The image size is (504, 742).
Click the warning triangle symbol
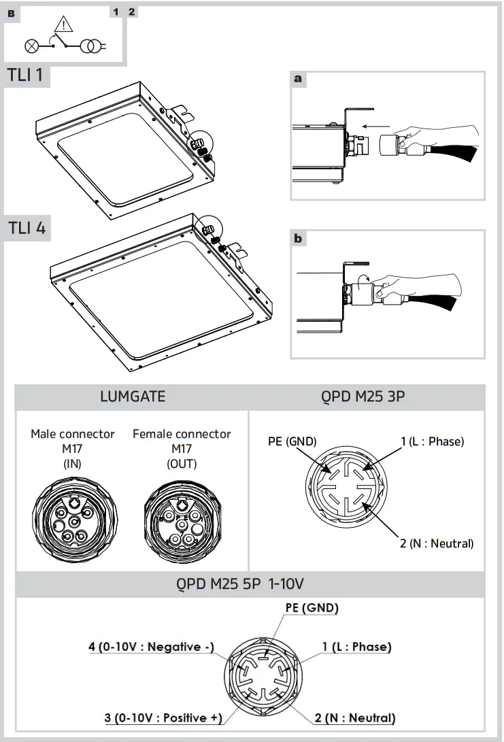point(63,26)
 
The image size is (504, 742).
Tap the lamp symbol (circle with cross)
point(31,46)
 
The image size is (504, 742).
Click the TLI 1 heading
point(26,75)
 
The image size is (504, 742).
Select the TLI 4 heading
point(27,229)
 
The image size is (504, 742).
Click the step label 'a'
point(297,79)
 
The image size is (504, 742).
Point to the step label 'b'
point(298,239)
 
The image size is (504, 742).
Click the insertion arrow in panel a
point(377,127)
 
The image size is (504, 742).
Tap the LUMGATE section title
point(132,397)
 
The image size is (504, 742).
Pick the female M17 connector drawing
point(182,524)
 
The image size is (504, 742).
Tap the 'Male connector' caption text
point(73,434)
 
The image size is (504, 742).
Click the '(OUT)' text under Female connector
point(182,464)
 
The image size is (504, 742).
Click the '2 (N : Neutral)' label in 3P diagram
point(437,543)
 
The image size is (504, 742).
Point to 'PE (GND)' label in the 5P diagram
point(310,608)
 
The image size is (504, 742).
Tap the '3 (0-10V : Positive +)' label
point(163,718)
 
